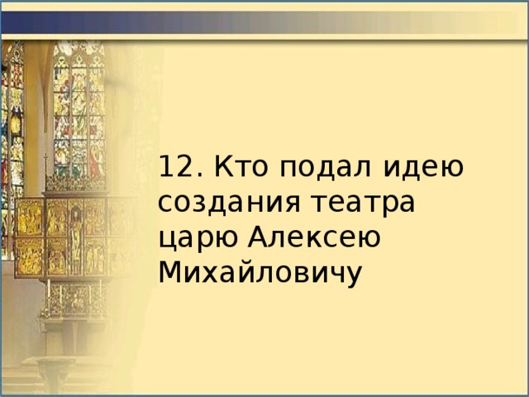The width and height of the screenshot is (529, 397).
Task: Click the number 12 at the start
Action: pos(173,167)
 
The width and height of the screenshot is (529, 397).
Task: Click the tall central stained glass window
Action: pos(79,116)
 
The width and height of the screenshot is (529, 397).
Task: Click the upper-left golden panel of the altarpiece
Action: pos(30,217)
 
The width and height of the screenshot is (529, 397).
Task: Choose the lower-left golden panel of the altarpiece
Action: pos(30,256)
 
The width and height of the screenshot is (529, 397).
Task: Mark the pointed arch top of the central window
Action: pos(79,51)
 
